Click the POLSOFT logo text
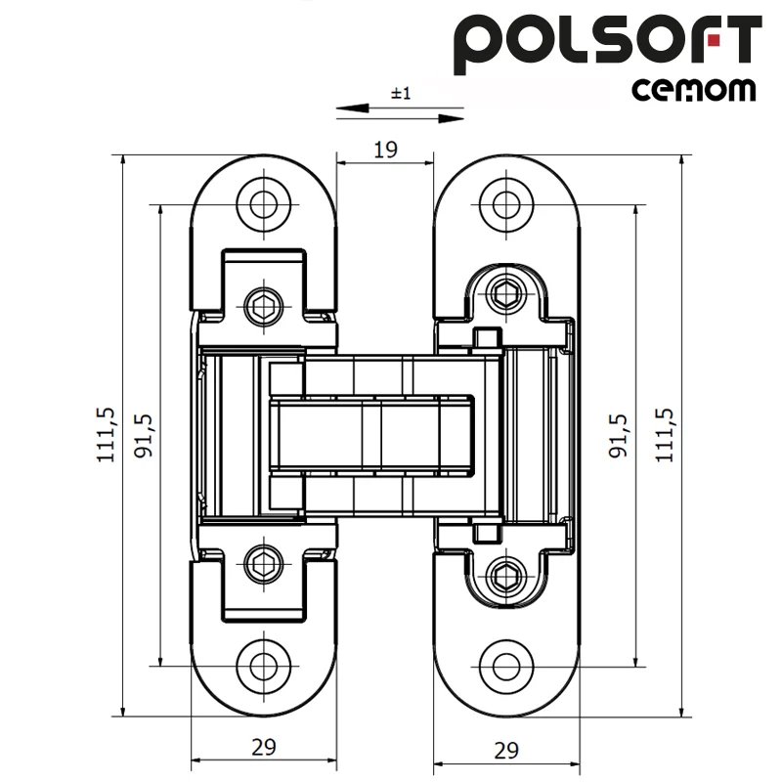pyautogui.click(x=607, y=44)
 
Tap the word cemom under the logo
pyautogui.click(x=694, y=90)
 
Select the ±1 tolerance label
pyautogui.click(x=401, y=93)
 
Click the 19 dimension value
pyautogui.click(x=385, y=150)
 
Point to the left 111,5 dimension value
pyautogui.click(x=106, y=435)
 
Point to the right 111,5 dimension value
pyautogui.click(x=665, y=435)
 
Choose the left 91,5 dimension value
pyautogui.click(x=143, y=435)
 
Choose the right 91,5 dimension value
pyautogui.click(x=618, y=435)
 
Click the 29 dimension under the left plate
pyautogui.click(x=263, y=747)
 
